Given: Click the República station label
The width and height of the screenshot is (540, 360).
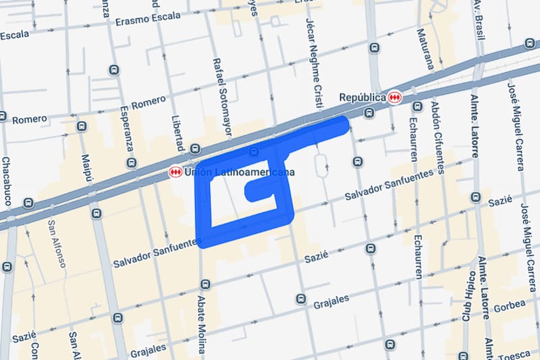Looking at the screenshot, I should (x=361, y=97).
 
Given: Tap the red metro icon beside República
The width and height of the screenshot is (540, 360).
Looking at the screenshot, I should (x=395, y=97).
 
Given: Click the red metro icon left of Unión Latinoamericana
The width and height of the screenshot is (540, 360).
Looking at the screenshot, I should (x=175, y=173).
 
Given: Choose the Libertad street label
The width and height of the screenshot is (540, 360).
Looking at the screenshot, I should (x=178, y=128).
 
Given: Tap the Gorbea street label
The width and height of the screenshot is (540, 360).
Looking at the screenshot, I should (x=510, y=305).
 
